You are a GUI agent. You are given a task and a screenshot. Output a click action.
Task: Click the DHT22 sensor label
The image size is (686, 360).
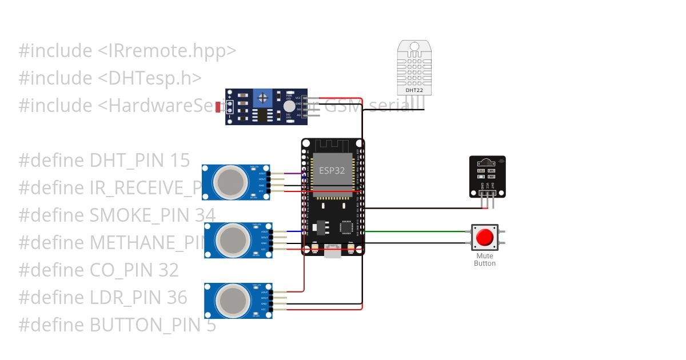[414, 90]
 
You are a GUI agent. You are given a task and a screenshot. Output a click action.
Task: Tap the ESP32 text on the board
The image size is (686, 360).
[332, 170]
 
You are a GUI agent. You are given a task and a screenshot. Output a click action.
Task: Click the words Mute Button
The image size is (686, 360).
[485, 260]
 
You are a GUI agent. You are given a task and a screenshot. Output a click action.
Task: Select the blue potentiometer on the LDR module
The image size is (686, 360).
[263, 98]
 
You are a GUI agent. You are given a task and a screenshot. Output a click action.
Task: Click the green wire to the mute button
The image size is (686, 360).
[417, 231]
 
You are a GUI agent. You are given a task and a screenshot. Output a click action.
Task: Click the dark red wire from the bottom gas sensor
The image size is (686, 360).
[304, 274]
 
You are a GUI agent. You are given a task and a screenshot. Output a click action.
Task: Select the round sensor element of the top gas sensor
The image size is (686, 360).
[230, 182]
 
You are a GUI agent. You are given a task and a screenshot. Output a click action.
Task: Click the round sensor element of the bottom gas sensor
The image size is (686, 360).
[233, 300]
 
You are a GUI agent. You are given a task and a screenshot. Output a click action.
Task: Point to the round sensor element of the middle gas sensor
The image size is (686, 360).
[232, 240]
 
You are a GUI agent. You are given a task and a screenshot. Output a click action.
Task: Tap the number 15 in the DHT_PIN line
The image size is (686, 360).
[180, 161]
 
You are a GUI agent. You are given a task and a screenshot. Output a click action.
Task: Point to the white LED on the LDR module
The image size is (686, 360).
[289, 106]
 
